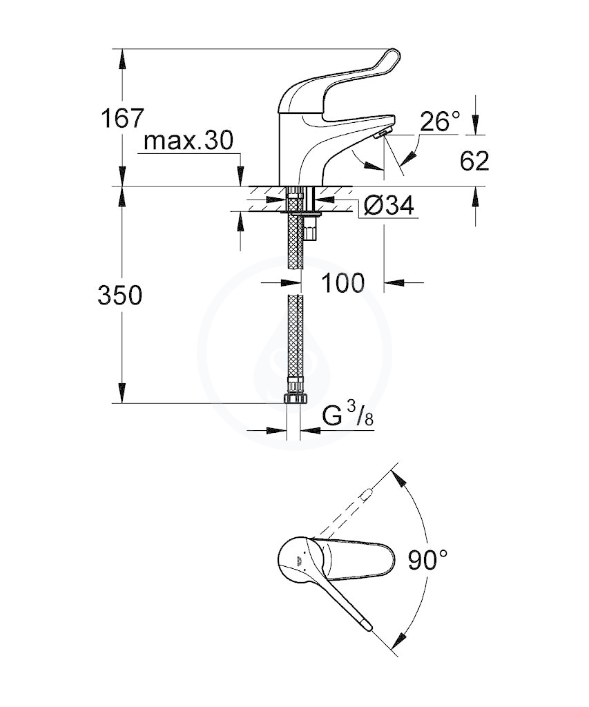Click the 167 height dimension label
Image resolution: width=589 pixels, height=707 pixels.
[122, 118]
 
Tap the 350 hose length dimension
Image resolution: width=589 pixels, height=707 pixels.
[120, 296]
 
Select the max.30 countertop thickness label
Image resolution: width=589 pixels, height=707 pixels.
[189, 140]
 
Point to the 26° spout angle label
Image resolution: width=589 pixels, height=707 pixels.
[440, 122]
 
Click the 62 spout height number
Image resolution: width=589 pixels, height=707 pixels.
[474, 160]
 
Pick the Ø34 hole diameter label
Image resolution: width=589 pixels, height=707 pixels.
[388, 206]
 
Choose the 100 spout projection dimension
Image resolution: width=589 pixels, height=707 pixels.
[342, 283]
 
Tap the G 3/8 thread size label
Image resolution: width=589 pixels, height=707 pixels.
[348, 415]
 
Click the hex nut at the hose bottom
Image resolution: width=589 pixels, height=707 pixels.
[295, 398]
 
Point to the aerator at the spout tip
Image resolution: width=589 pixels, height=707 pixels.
[383, 133]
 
